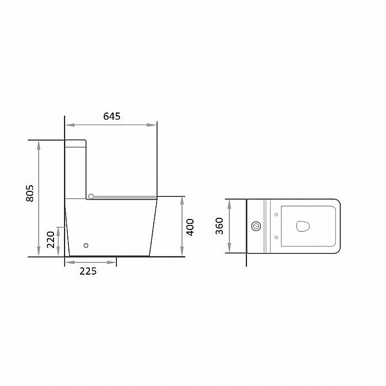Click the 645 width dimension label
[x=112, y=116]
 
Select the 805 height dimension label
[x=30, y=194]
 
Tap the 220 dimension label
[x=51, y=239]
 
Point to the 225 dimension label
[x=88, y=271]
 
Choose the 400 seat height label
[x=190, y=227]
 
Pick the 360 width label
[x=219, y=226]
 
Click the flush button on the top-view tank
[x=256, y=226]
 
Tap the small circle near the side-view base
[x=86, y=245]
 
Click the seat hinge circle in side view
[x=91, y=196]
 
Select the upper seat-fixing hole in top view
[x=276, y=215]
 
